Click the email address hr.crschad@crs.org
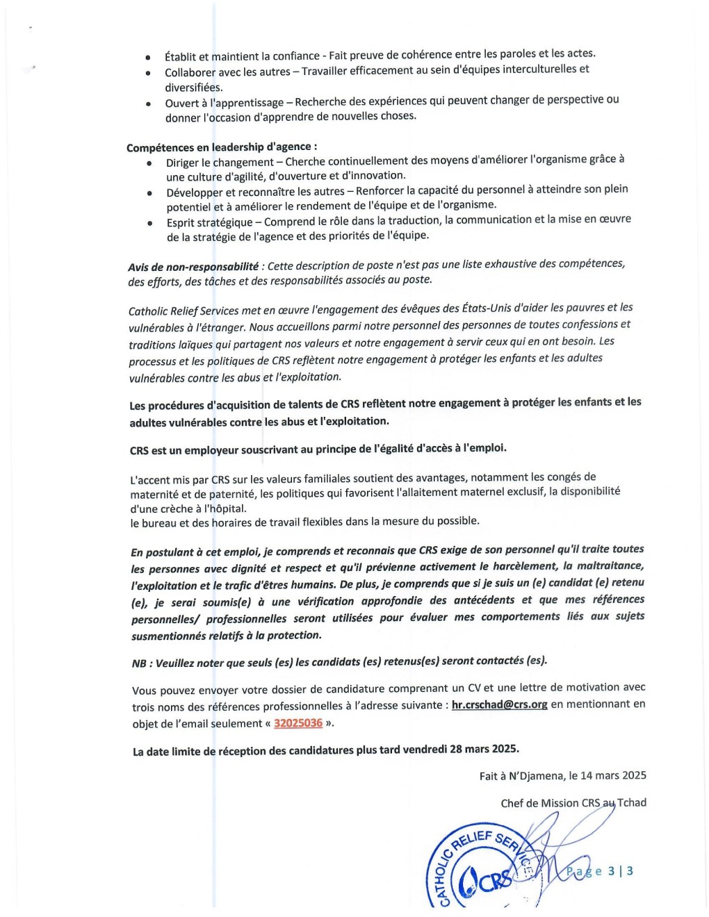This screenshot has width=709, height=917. (499, 704)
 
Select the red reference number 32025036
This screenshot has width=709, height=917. (298, 723)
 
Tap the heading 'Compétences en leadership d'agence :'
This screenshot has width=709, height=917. (222, 147)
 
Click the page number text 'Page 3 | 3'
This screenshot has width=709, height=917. (599, 871)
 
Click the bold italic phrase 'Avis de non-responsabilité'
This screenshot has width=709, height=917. (193, 267)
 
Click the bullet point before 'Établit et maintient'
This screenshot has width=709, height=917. (148, 57)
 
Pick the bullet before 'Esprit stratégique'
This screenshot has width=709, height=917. (150, 224)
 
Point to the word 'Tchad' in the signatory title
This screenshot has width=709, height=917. (631, 802)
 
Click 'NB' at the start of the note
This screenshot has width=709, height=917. (139, 663)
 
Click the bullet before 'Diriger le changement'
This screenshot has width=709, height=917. (149, 163)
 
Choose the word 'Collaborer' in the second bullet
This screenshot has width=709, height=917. (190, 72)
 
